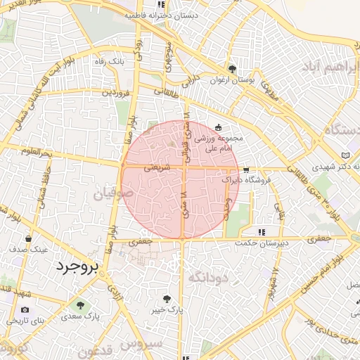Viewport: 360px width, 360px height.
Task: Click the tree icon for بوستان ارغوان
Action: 231,68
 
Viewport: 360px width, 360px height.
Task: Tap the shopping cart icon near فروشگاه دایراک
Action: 245,170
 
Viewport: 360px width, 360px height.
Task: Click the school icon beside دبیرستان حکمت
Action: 262,232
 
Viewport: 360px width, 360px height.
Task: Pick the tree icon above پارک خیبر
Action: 167,298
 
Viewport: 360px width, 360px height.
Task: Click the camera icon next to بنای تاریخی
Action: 25,309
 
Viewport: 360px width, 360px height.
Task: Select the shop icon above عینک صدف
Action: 28,239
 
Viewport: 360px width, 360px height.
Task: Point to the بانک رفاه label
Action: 109,62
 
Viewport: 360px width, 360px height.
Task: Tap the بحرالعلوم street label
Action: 37,152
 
